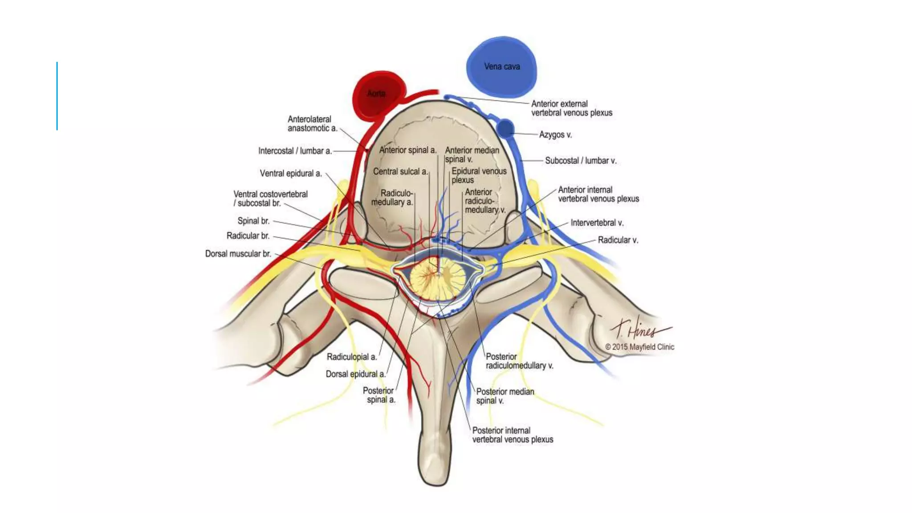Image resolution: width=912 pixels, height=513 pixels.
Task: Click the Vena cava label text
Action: point(502,67)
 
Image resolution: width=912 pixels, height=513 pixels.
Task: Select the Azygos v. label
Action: point(555,134)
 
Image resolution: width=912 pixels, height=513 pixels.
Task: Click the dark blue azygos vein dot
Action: point(505,128)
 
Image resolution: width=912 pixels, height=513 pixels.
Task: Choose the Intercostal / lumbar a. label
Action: point(295,151)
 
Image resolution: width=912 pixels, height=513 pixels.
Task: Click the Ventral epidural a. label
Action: point(290,174)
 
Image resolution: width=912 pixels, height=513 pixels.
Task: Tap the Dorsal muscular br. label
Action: point(238,254)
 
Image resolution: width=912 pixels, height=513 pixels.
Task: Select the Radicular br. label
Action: point(248,236)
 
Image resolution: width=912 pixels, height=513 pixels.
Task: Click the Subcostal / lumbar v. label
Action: point(581,161)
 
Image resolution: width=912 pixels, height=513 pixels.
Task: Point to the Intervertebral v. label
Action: point(597,223)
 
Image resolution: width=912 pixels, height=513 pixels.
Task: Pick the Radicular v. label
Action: point(618,240)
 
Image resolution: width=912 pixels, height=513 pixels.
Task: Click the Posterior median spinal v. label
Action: point(505,396)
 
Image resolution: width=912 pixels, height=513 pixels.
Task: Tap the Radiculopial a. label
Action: point(351,357)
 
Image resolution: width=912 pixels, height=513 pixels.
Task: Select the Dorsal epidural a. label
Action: point(355,374)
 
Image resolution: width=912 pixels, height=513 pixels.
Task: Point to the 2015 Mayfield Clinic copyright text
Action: point(639,347)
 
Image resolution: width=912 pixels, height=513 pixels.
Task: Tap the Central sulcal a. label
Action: point(400,171)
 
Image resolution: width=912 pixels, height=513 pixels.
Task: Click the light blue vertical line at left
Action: point(57,96)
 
